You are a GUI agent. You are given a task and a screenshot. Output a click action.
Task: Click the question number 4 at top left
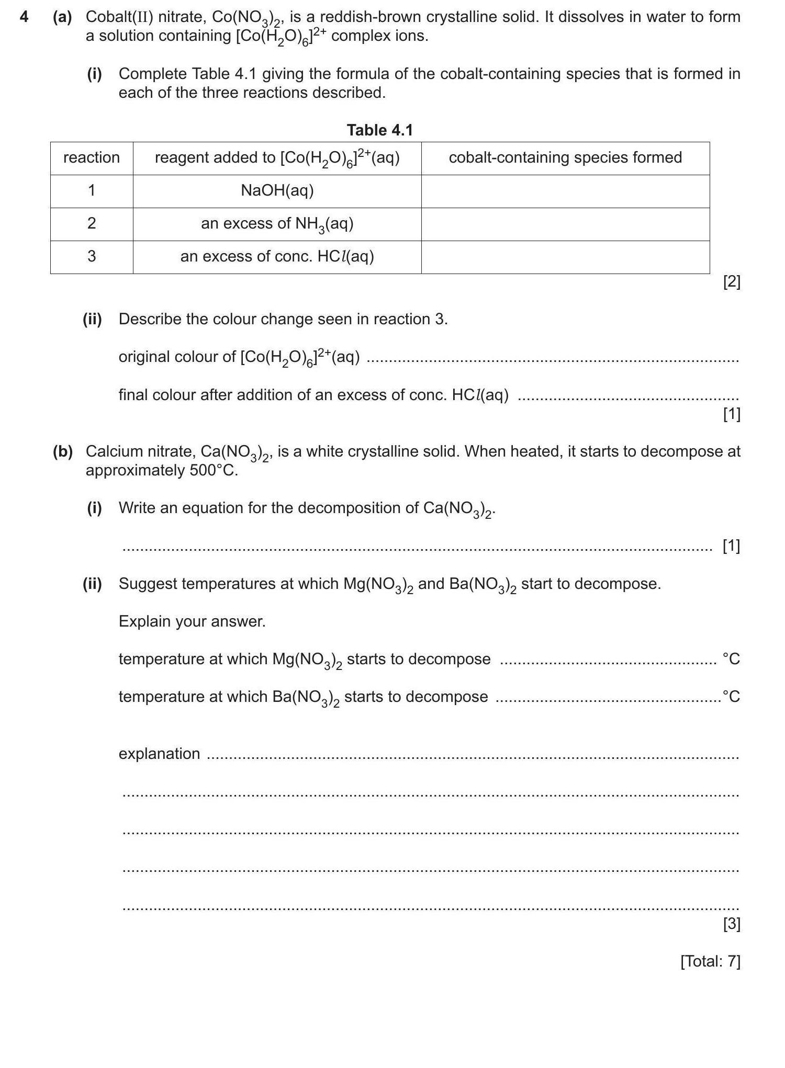[x=24, y=17]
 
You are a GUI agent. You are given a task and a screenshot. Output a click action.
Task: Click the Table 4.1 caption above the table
[x=380, y=130]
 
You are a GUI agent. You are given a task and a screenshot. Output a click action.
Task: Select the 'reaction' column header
[x=92, y=157]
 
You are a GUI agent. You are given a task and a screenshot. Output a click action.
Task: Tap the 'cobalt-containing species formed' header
[x=565, y=157]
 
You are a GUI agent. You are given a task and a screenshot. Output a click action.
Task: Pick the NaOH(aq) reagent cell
[x=277, y=190]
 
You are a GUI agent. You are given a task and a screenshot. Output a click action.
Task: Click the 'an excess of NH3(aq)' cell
[x=277, y=224]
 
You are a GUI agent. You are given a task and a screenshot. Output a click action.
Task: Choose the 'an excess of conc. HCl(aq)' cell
[x=277, y=256]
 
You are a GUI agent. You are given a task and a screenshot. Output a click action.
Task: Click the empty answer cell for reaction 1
[x=565, y=191]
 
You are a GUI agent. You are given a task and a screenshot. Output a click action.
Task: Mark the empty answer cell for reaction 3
[x=565, y=257]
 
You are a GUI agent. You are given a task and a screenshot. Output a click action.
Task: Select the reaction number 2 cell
[x=92, y=223]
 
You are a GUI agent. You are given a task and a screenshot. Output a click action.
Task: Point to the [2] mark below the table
[x=731, y=282]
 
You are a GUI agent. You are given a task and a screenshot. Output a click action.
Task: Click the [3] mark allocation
[x=731, y=924]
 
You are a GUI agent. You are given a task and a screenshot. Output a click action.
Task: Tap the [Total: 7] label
[x=710, y=961]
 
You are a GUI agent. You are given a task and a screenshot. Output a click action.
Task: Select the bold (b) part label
[x=63, y=451]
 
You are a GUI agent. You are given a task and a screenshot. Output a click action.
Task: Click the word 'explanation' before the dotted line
[x=159, y=754]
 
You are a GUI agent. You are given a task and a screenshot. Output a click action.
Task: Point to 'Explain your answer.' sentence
[x=192, y=621]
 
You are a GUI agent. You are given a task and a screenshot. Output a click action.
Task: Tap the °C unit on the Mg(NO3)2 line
[x=731, y=659]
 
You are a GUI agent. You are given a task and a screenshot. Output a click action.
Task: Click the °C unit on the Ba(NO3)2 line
[x=731, y=697]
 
